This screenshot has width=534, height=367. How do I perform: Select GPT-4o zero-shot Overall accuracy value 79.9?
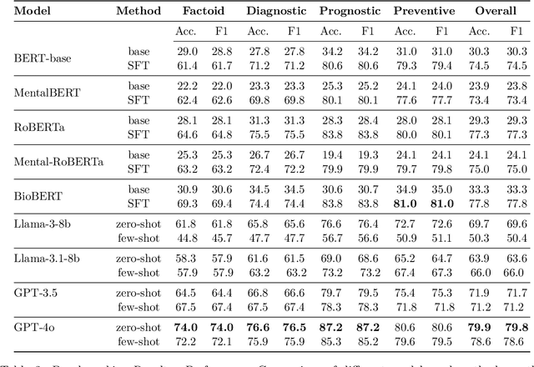point(482,328)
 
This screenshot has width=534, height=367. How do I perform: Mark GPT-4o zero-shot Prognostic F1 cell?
point(367,328)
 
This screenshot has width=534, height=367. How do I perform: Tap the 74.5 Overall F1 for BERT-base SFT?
point(517,64)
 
